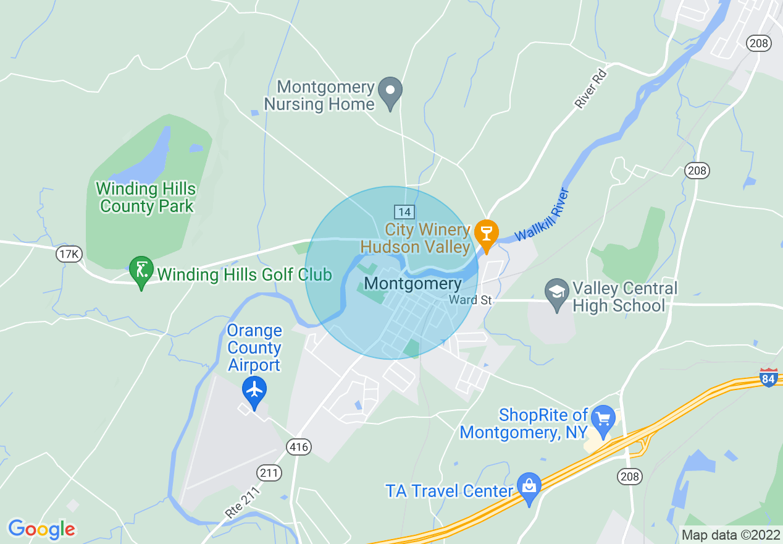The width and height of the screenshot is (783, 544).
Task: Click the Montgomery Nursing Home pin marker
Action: (390, 92)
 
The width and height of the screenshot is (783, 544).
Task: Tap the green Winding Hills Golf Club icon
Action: (141, 270)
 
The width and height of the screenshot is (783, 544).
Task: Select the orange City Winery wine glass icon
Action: (487, 234)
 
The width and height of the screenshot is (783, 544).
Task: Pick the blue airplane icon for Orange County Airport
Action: (254, 390)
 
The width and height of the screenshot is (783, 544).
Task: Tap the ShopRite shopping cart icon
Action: (603, 419)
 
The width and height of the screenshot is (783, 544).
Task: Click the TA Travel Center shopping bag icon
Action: (529, 487)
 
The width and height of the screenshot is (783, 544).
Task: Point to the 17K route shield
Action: (69, 254)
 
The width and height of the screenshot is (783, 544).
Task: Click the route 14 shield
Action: (404, 212)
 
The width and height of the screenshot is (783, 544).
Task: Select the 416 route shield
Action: (298, 446)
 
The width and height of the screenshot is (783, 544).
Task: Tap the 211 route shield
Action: (270, 474)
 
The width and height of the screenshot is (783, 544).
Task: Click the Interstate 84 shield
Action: (768, 376)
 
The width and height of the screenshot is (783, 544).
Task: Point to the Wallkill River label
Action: (541, 215)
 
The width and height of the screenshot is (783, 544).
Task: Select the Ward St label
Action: (471, 300)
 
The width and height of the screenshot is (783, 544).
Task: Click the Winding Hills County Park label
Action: (146, 197)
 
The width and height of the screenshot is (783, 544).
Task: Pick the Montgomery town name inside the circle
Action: (412, 284)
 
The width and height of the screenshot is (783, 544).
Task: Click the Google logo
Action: (41, 529)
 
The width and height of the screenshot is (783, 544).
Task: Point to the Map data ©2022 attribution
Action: (730, 535)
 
